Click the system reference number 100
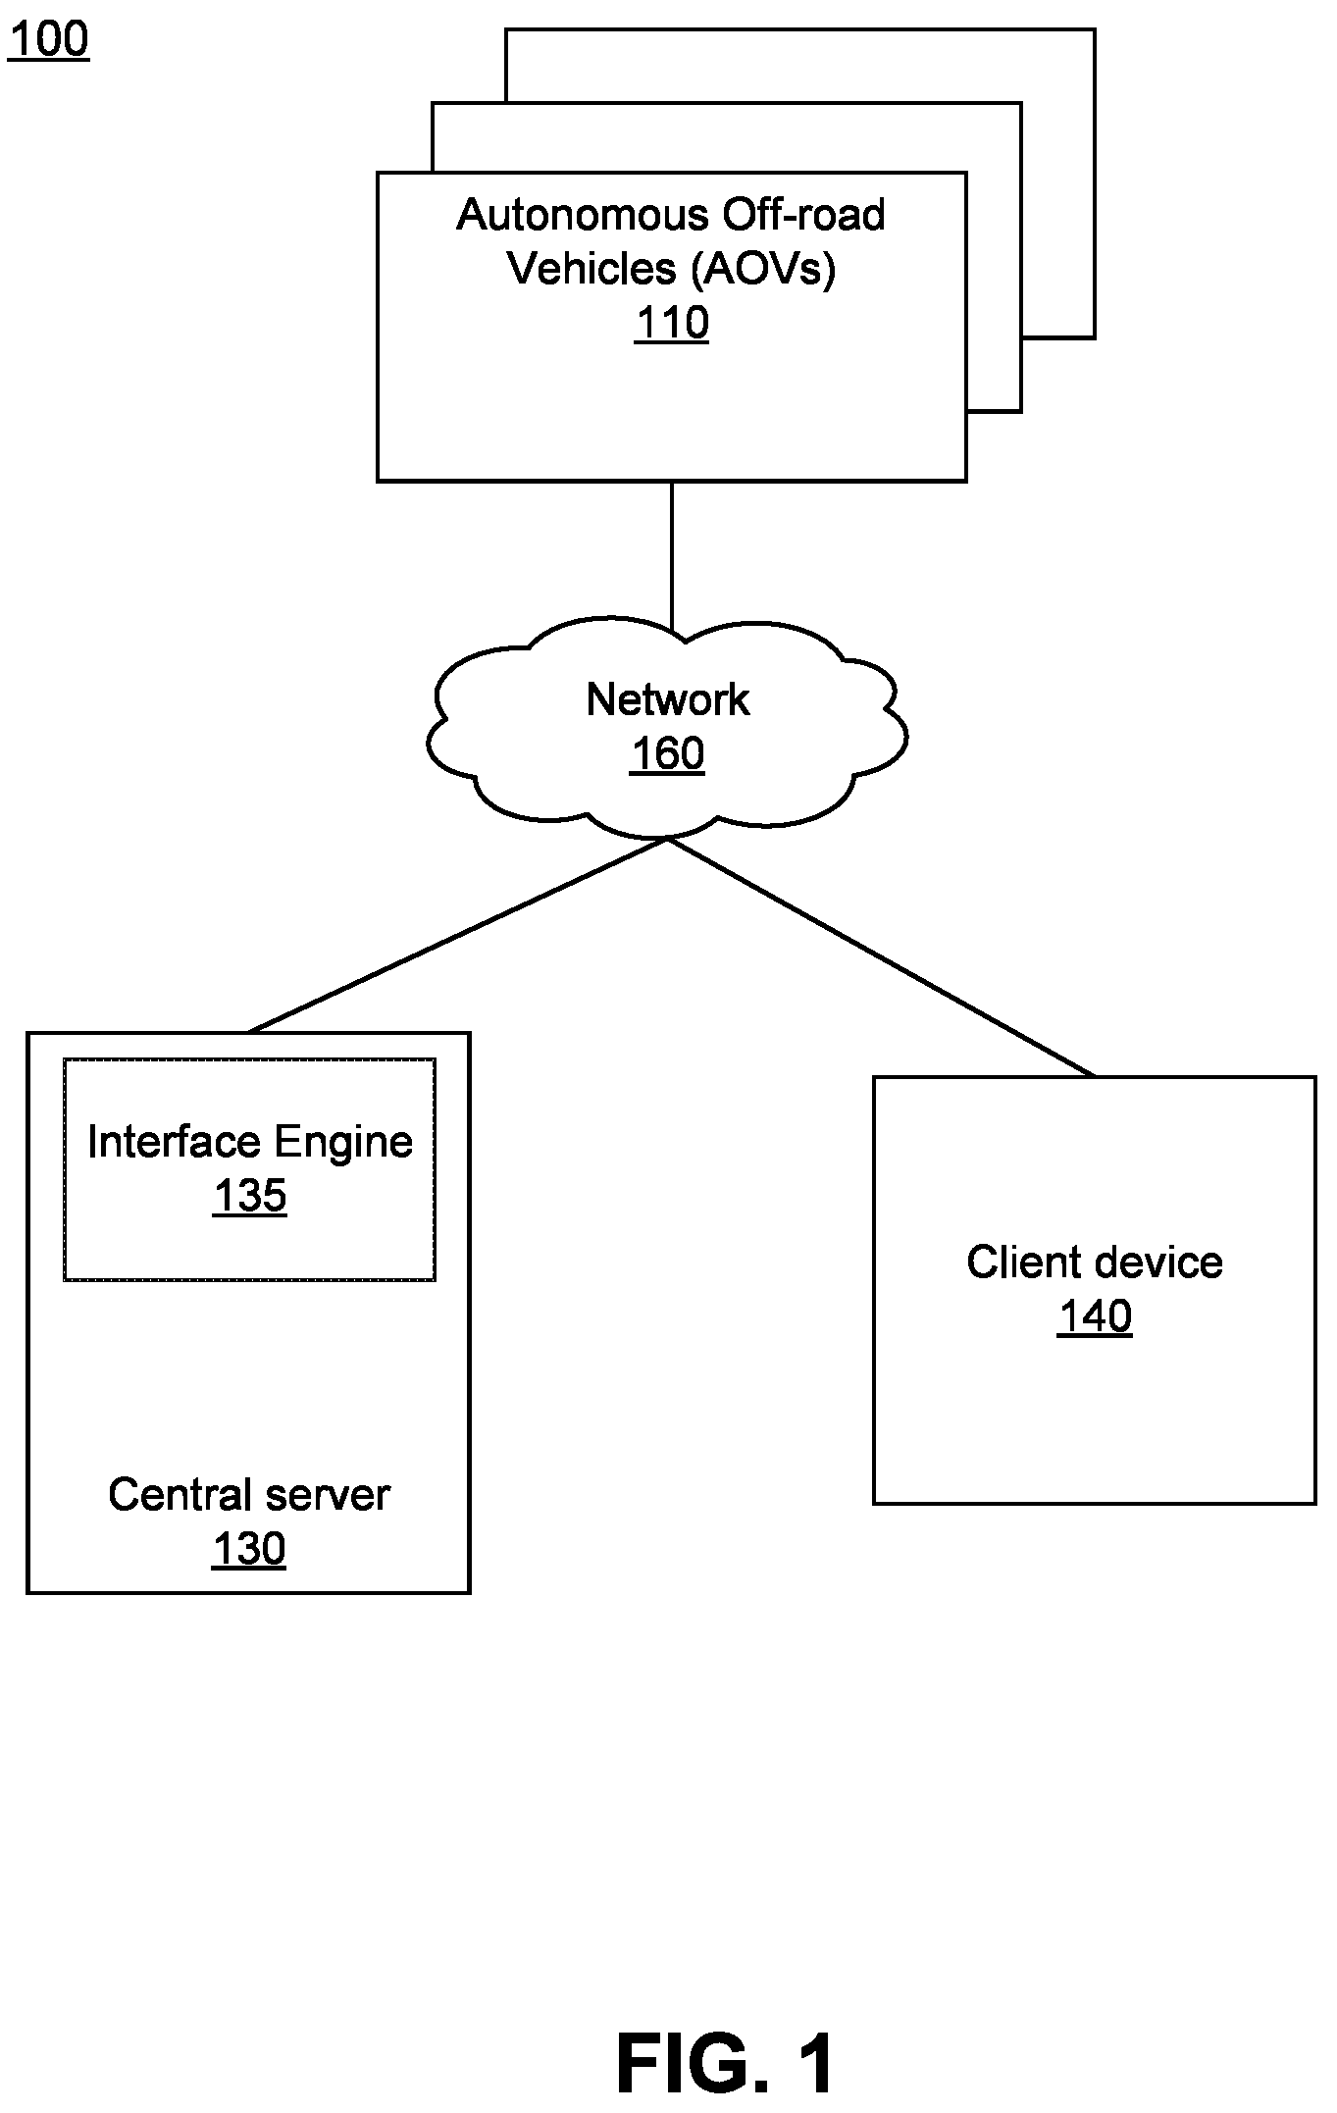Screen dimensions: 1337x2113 [x=48, y=39]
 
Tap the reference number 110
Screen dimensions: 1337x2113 [x=672, y=323]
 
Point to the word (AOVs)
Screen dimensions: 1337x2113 [x=763, y=269]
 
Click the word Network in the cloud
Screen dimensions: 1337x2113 [x=668, y=699]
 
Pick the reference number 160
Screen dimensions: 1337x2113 [x=667, y=754]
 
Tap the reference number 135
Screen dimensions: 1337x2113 [x=250, y=1197]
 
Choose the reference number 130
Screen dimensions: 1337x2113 [x=249, y=1549]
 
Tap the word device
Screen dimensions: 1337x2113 [x=1152, y=1263]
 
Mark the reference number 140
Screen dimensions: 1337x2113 [x=1095, y=1316]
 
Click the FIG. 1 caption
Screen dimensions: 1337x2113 [x=727, y=2063]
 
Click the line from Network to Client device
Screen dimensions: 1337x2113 [x=881, y=957]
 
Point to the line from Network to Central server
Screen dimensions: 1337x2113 [x=458, y=935]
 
